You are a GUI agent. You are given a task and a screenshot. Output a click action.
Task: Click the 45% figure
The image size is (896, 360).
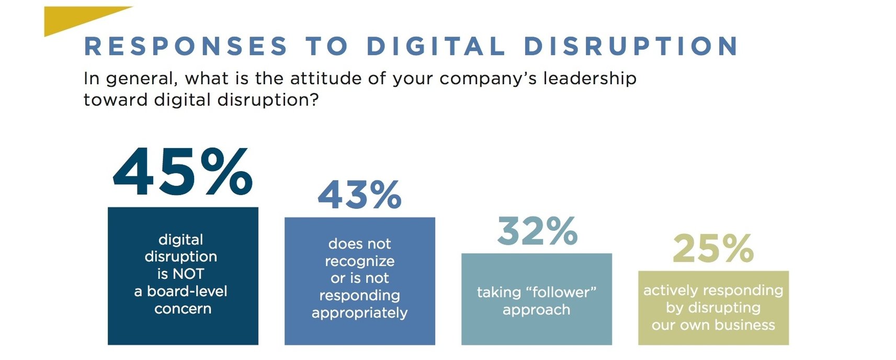pyautogui.click(x=183, y=173)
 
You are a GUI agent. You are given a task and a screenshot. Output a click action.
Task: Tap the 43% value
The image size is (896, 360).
pyautogui.click(x=359, y=195)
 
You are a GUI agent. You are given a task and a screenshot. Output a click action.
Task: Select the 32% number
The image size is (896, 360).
pyautogui.click(x=537, y=231)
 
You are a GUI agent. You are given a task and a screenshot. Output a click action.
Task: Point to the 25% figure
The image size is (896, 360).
pyautogui.click(x=713, y=249)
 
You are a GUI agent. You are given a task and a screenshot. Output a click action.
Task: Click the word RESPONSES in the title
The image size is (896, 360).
pyautogui.click(x=186, y=46)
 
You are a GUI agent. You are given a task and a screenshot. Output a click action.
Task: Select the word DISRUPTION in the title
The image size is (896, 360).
pyautogui.click(x=631, y=46)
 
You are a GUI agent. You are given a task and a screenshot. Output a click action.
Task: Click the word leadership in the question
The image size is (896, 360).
pyautogui.click(x=589, y=78)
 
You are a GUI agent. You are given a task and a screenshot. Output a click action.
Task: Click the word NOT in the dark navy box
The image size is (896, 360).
pyautogui.click(x=188, y=274)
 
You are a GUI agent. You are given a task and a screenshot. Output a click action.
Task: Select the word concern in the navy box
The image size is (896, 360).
pyautogui.click(x=183, y=309)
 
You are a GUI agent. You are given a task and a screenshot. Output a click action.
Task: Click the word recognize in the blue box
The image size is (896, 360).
pyautogui.click(x=359, y=261)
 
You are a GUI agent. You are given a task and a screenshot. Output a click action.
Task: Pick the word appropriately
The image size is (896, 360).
pyautogui.click(x=359, y=313)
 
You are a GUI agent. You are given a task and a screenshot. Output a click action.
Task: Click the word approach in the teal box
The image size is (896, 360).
pyautogui.click(x=536, y=310)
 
